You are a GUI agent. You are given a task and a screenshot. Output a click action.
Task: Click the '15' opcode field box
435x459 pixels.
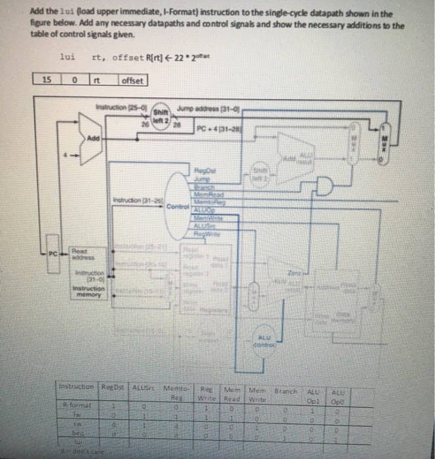click(47, 81)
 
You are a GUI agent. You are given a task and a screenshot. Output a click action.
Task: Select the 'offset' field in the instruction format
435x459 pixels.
click(133, 81)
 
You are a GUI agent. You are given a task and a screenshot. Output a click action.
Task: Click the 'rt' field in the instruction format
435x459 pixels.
click(96, 81)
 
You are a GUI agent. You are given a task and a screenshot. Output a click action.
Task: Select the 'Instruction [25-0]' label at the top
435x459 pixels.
click(120, 106)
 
